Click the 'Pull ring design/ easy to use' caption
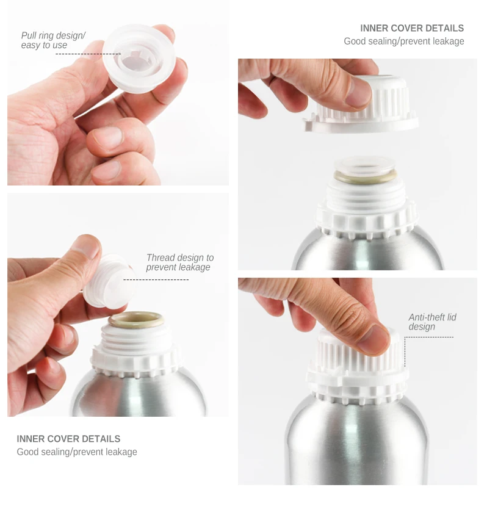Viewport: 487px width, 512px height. click(53, 40)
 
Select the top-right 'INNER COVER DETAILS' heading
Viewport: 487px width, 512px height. click(412, 28)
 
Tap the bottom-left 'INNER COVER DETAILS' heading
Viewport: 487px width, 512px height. click(68, 439)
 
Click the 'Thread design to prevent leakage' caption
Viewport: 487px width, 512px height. click(179, 262)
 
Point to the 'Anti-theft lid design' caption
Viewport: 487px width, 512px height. click(432, 322)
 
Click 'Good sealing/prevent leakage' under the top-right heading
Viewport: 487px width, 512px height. click(403, 41)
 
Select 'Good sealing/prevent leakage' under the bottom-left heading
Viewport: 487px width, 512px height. click(77, 452)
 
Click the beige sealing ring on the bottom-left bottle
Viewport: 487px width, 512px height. click(135, 320)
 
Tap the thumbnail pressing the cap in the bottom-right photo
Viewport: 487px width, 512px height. click(373, 339)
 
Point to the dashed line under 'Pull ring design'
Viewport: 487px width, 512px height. click(88, 54)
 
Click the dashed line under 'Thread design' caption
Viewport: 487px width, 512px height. click(156, 280)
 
